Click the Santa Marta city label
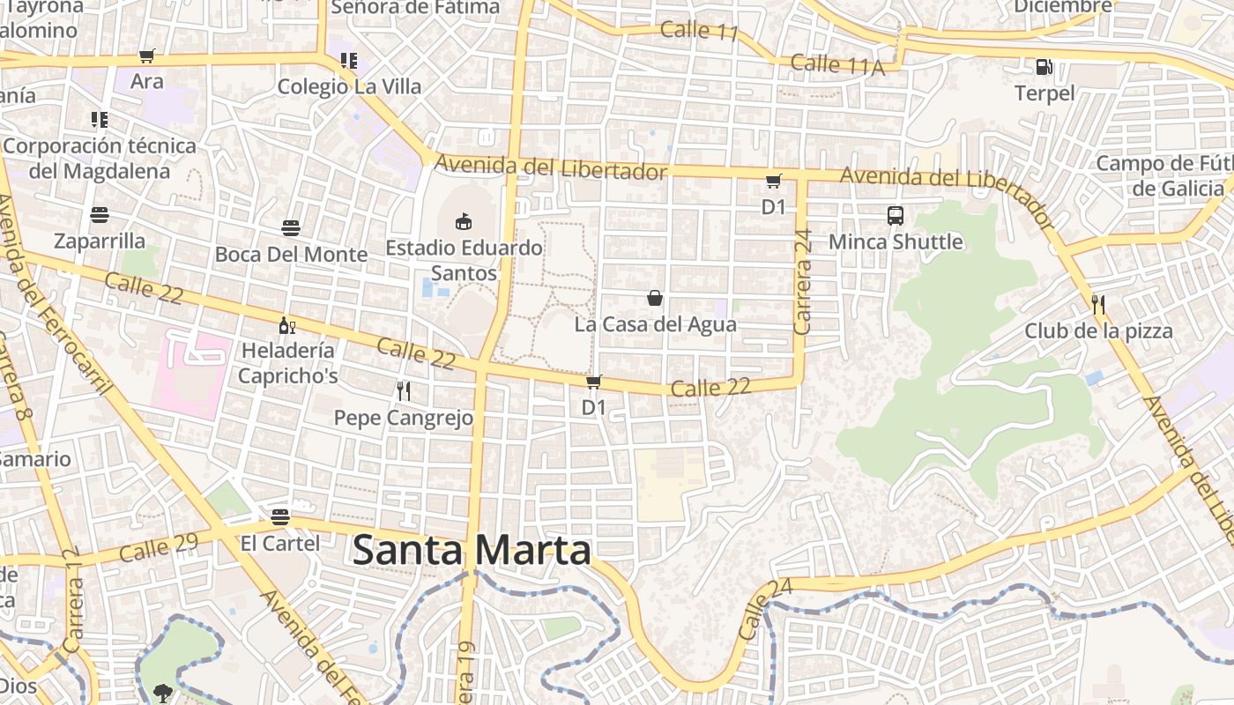pyautogui.click(x=472, y=551)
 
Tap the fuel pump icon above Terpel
pyautogui.click(x=1044, y=67)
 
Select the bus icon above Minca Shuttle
pyautogui.click(x=896, y=215)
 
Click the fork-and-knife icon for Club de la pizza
pyautogui.click(x=1098, y=305)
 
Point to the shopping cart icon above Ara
pyautogui.click(x=147, y=56)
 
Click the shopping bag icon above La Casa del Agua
pyautogui.click(x=655, y=298)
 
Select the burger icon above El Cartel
pyautogui.click(x=280, y=516)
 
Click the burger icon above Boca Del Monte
pyautogui.click(x=291, y=228)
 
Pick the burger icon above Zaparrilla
pyautogui.click(x=100, y=215)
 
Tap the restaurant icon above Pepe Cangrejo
pyautogui.click(x=404, y=390)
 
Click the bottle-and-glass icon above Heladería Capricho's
pyautogui.click(x=286, y=325)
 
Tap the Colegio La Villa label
pyautogui.click(x=349, y=86)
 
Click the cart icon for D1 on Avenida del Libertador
pyautogui.click(x=773, y=182)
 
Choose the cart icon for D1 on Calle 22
pyautogui.click(x=594, y=382)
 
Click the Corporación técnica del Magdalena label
pyautogui.click(x=100, y=158)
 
